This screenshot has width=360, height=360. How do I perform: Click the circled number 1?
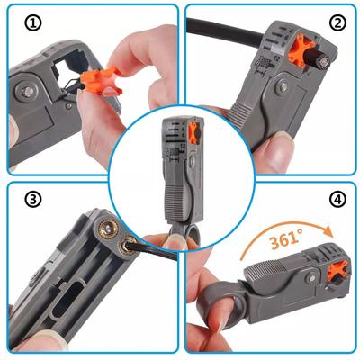point(33,23)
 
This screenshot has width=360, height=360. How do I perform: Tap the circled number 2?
point(337,23)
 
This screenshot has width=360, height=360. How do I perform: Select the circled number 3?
point(32,199)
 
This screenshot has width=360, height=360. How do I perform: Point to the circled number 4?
point(337,199)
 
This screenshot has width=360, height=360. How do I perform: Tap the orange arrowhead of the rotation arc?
point(328,230)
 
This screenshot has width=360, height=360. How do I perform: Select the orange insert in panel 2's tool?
point(301,52)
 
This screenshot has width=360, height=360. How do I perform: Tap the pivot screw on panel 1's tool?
point(28,92)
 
